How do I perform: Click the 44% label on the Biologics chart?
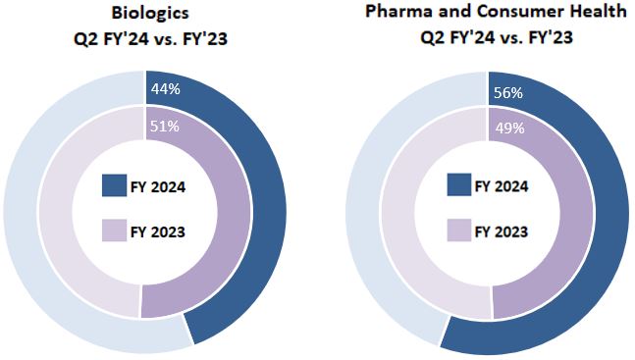(165, 90)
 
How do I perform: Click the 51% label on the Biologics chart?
(163, 126)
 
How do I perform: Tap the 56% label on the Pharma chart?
(507, 93)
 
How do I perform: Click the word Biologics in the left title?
(145, 14)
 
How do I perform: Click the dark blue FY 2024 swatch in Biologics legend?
(114, 186)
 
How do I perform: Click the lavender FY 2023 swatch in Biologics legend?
(114, 231)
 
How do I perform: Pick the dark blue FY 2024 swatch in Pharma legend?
(458, 186)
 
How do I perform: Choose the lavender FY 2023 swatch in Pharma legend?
(458, 231)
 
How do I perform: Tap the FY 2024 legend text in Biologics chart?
(159, 186)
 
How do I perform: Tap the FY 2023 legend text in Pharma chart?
(503, 231)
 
